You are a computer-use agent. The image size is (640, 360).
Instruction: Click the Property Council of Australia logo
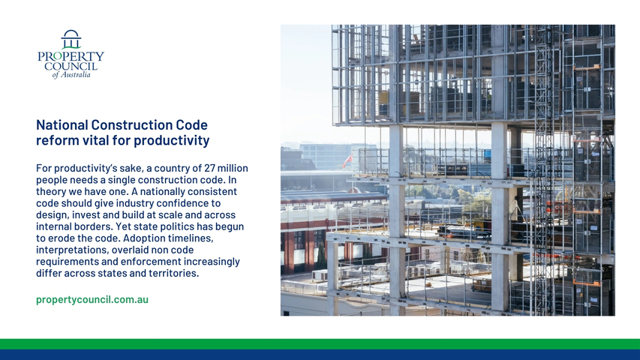coord(71,54)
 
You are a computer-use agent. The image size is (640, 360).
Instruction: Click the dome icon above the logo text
coord(71,39)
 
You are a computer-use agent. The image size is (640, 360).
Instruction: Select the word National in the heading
coord(62,124)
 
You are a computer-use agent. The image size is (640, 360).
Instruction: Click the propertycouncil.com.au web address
coord(92,299)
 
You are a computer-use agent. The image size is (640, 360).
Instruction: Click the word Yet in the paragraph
coord(123,226)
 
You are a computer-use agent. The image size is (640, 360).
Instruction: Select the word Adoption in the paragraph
coord(144,238)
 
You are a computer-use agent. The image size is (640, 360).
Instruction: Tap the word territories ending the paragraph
coord(173,273)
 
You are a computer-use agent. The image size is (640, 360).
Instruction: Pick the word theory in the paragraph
coord(49,192)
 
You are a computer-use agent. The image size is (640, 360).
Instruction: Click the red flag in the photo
coord(347,161)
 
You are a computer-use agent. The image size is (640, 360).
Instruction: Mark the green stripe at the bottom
coord(320,344)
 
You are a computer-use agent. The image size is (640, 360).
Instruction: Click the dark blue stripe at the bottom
coord(320,355)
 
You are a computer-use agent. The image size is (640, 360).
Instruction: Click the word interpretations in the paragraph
coord(72,250)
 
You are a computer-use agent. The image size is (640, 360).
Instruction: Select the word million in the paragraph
coord(233,168)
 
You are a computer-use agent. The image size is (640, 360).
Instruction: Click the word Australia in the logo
coord(75,75)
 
